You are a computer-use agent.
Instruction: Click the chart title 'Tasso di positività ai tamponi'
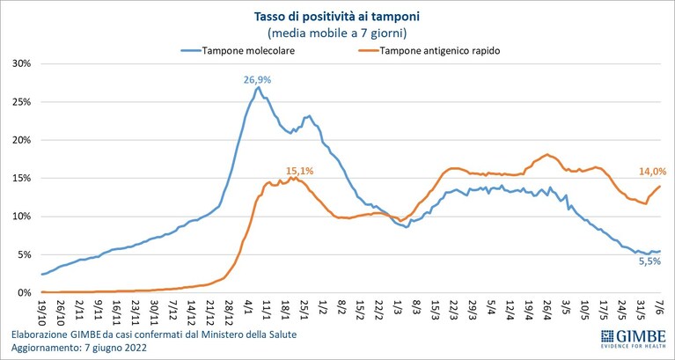coord(337,18)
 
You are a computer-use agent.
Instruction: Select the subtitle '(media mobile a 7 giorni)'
coord(337,33)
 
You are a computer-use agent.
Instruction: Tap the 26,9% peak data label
coord(258,80)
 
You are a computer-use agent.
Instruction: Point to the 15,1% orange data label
coord(300,171)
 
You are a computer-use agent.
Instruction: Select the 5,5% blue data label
coord(649,261)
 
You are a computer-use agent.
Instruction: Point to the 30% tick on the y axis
coord(21,63)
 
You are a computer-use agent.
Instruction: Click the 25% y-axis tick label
coord(21,102)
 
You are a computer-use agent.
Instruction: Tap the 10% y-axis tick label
coord(21,217)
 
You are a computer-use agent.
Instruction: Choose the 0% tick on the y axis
coord(24,293)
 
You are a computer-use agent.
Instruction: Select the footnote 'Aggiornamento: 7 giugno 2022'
coord(79,348)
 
